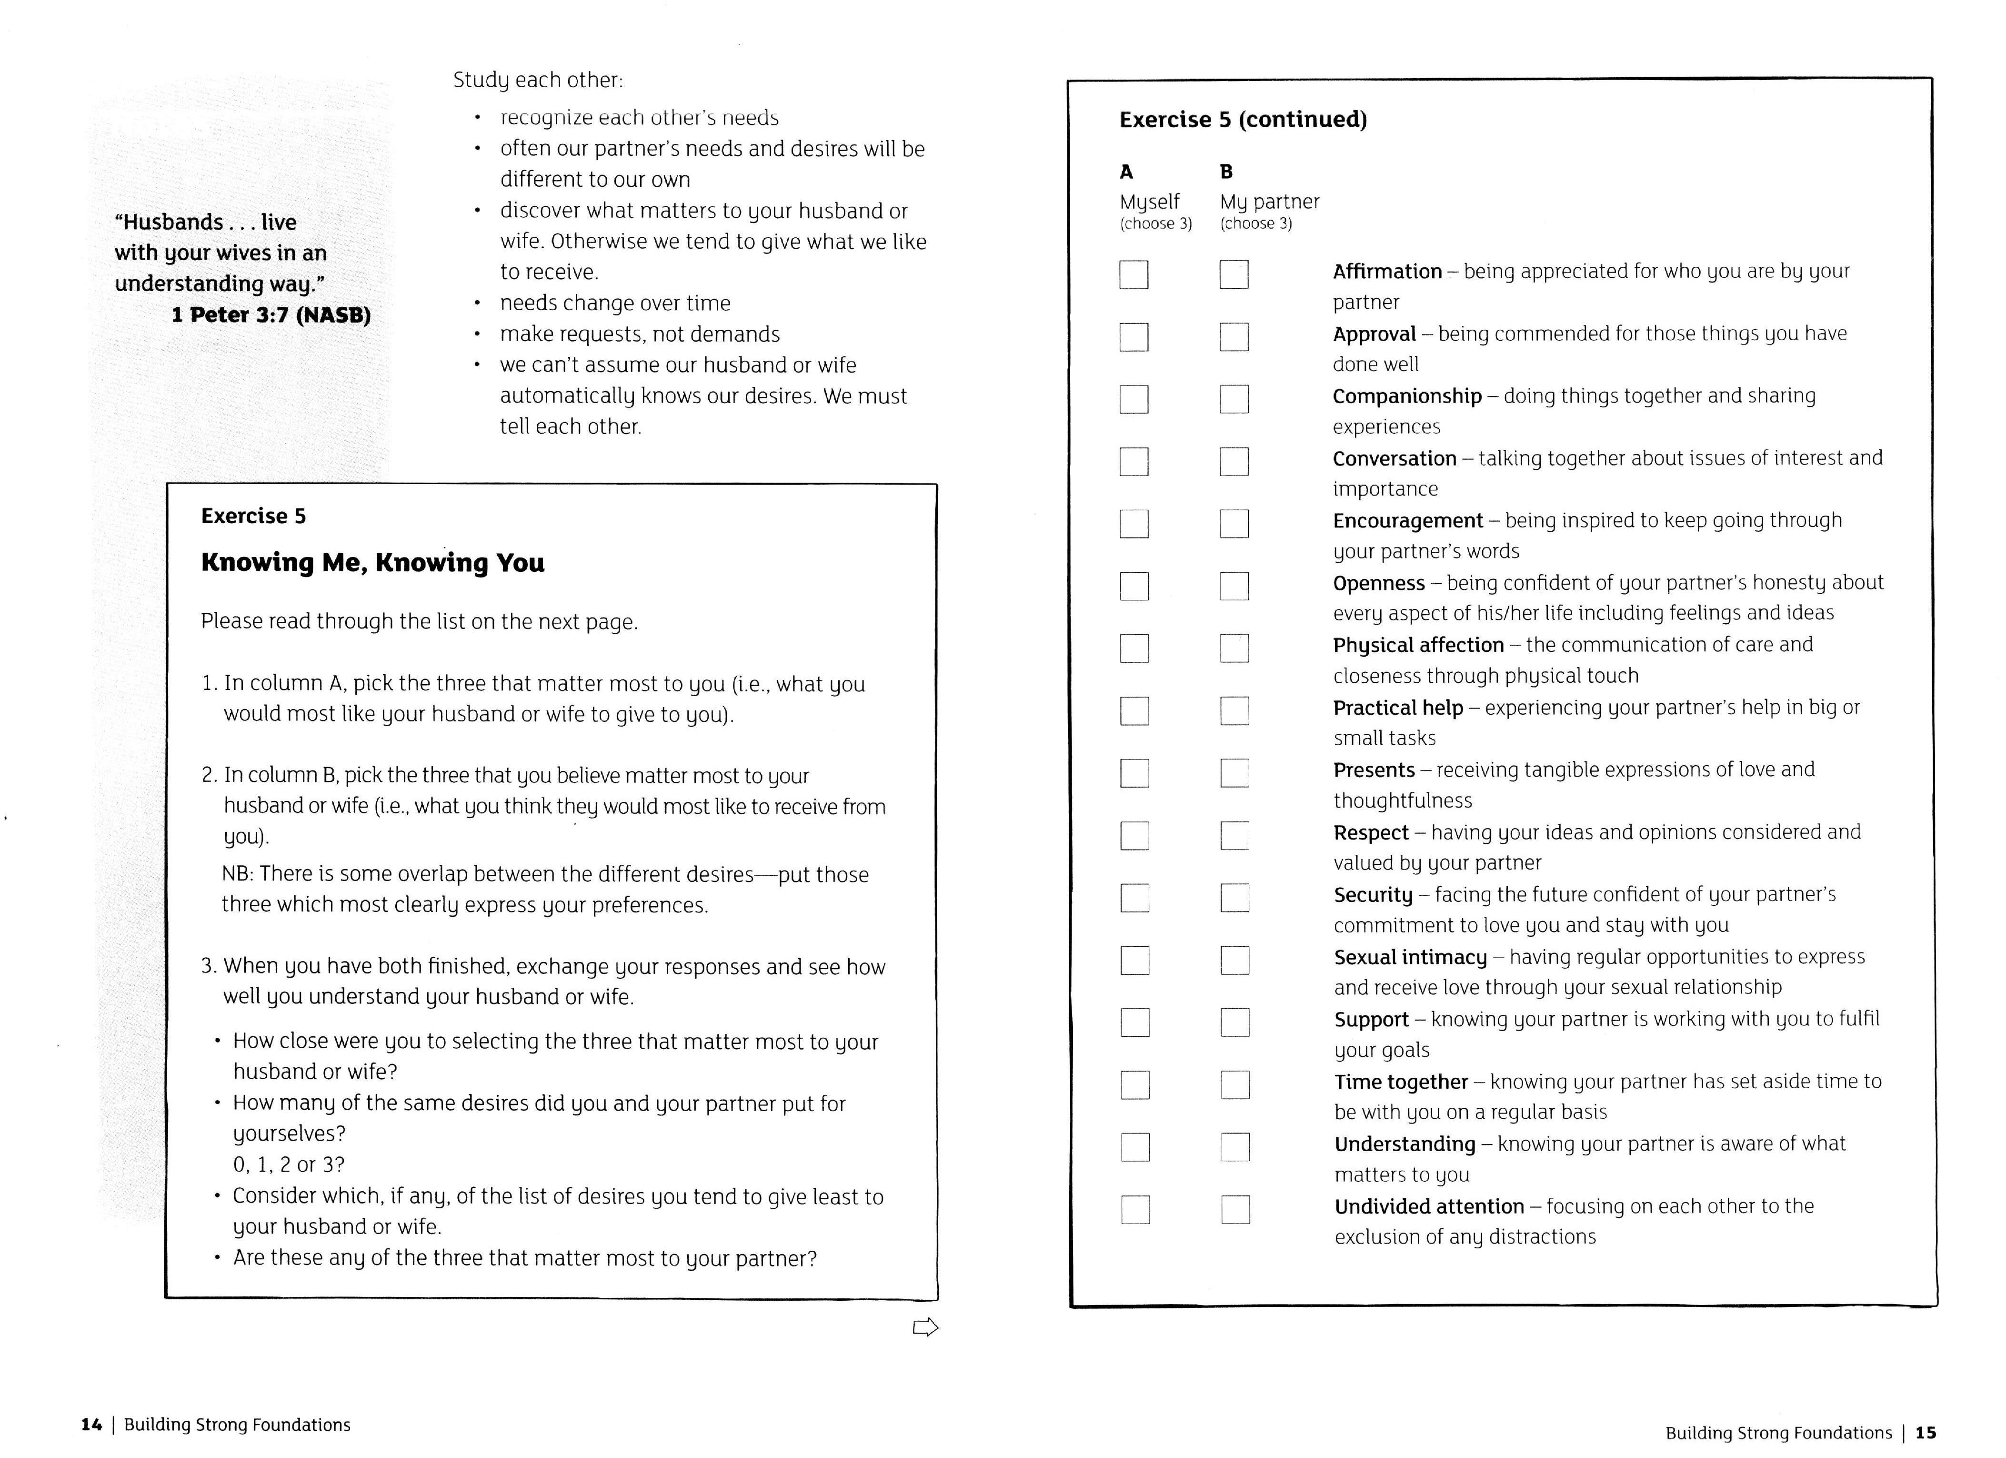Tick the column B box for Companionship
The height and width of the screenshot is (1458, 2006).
[x=1234, y=399]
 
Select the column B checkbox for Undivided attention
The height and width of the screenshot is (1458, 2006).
[x=1235, y=1209]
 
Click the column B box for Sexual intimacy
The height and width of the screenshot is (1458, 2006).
[x=1235, y=960]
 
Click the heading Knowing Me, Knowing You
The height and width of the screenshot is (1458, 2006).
[x=372, y=563]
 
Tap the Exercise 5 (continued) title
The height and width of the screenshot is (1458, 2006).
[x=1243, y=120]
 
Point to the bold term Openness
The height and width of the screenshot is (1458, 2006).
[x=1378, y=583]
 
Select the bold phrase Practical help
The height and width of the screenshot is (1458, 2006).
[x=1397, y=708]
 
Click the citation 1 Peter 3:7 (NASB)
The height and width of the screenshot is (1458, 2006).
[x=271, y=315]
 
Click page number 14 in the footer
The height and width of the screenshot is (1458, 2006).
[x=91, y=1424]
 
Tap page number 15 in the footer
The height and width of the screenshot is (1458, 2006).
[x=1926, y=1432]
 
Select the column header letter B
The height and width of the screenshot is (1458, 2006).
[x=1226, y=172]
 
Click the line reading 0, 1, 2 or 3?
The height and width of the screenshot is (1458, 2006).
[x=288, y=1164]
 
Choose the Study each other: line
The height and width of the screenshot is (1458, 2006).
[x=538, y=81]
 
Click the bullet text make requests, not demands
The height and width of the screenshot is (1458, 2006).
[x=640, y=334]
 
